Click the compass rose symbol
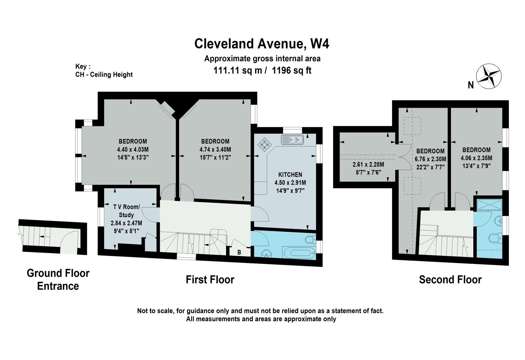489,76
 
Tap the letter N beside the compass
471,85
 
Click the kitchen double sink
293,140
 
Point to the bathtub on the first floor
299,253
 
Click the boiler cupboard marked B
239,250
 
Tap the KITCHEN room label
290,175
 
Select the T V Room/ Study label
126,211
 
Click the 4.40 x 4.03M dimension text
133,149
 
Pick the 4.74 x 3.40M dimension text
215,149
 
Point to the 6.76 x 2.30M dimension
430,159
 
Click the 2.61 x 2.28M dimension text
368,165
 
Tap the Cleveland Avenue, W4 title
262,44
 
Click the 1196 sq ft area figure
292,70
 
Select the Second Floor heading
450,280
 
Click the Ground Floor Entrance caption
58,280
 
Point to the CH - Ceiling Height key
104,75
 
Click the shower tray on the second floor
490,205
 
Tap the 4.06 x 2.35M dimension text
476,158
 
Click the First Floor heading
210,280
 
